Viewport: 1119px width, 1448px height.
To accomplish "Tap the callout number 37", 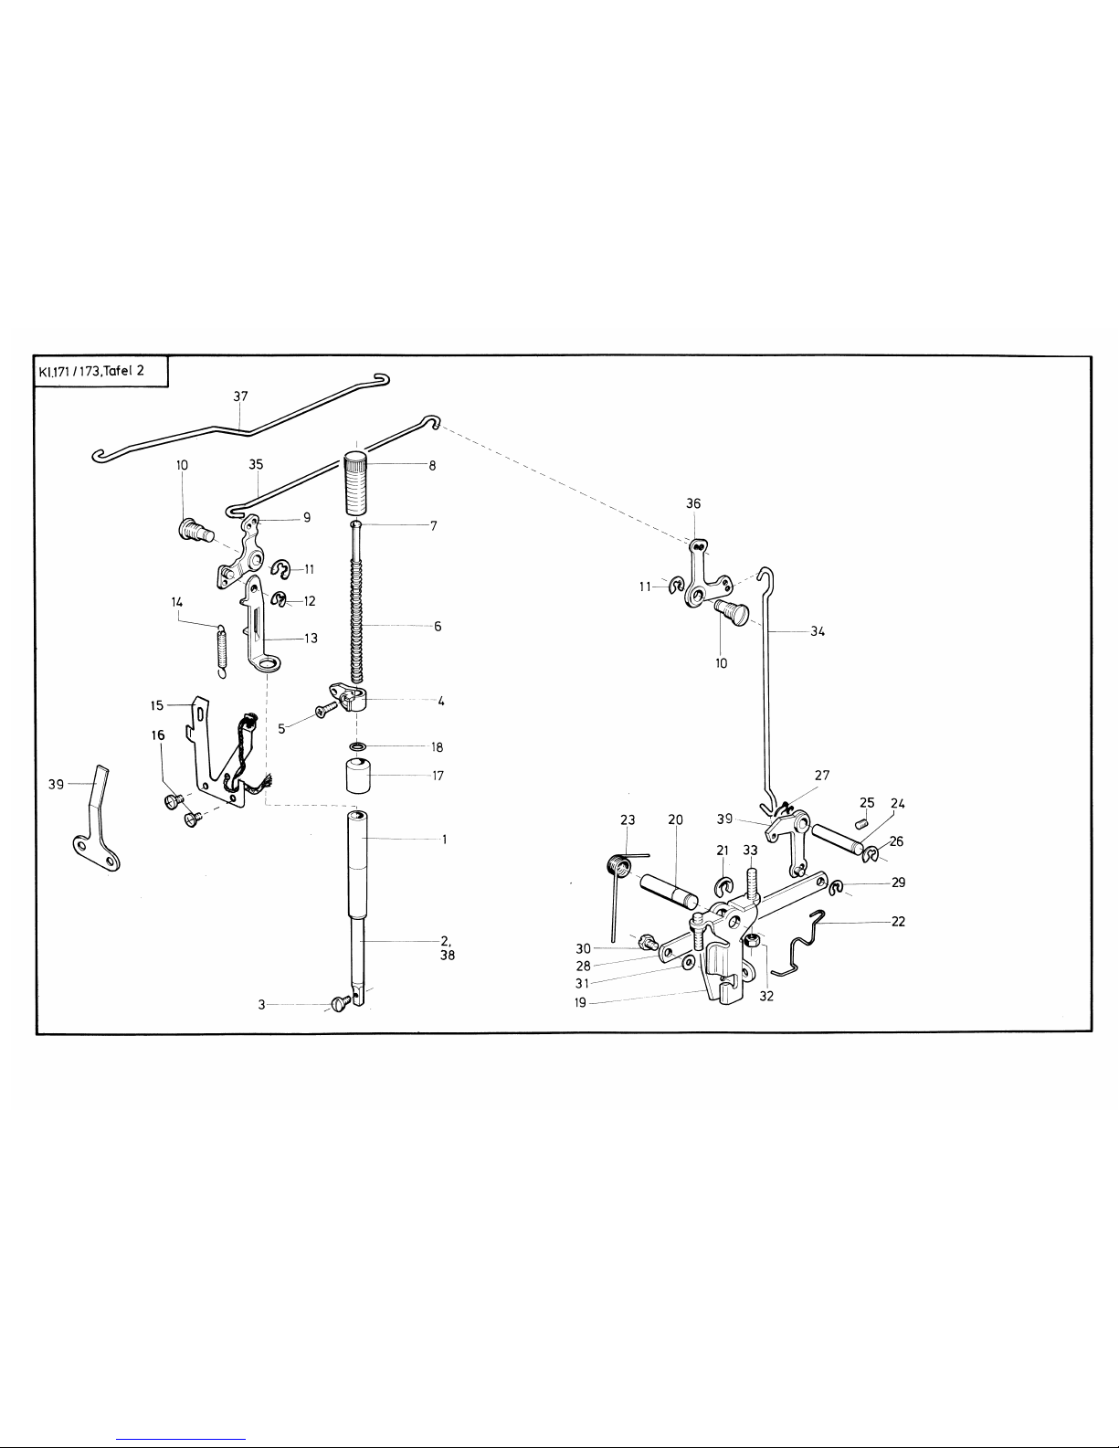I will pyautogui.click(x=240, y=396).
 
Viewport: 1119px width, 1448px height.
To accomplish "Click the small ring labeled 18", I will pyautogui.click(x=359, y=746).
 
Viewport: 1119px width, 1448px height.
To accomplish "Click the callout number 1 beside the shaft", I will pyautogui.click(x=444, y=839).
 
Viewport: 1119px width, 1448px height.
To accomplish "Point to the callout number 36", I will pyautogui.click(x=693, y=503).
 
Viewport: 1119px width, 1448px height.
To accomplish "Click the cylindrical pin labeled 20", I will pyautogui.click(x=670, y=888).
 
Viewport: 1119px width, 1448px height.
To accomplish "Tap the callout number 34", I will pyautogui.click(x=817, y=630).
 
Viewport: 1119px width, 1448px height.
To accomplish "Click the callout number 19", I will pyautogui.click(x=581, y=1002).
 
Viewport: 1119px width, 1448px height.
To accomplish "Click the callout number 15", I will pyautogui.click(x=156, y=705).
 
